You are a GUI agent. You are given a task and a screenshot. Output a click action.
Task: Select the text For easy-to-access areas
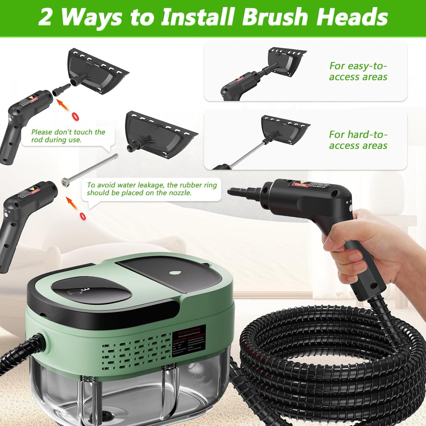pyautogui.click(x=358, y=71)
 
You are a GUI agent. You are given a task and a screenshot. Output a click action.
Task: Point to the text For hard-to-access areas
pyautogui.click(x=358, y=140)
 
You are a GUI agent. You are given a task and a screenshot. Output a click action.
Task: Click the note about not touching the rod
pyautogui.click(x=68, y=136)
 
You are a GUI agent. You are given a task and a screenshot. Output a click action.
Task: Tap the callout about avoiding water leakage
pyautogui.click(x=152, y=189)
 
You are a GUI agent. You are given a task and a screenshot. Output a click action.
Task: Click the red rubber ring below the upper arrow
pyautogui.click(x=76, y=116)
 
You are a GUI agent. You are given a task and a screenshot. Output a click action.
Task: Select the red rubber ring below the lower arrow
pyautogui.click(x=83, y=216)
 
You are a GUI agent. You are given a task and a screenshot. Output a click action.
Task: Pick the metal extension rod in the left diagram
pyautogui.click(x=90, y=169)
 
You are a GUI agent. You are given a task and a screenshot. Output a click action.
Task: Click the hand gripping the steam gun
pyautogui.click(x=369, y=245)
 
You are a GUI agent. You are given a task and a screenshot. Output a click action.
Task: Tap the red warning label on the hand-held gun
pyautogui.click(x=300, y=185)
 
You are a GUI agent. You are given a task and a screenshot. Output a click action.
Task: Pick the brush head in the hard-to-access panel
pyautogui.click(x=283, y=130)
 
